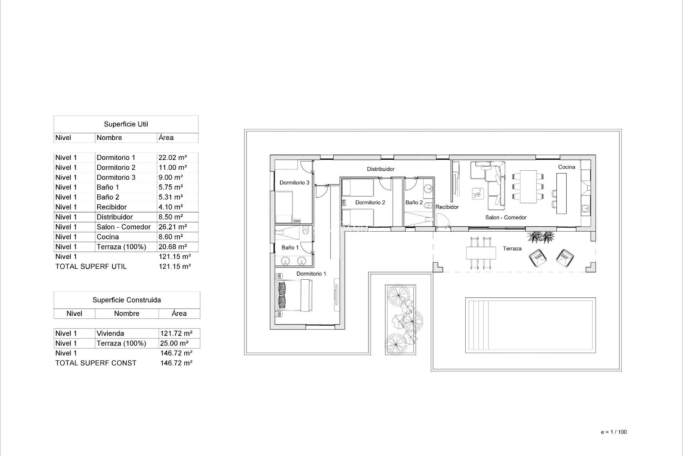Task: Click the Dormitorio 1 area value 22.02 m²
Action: [173, 157]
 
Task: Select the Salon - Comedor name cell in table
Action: [123, 227]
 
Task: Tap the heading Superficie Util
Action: [126, 124]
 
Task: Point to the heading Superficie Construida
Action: [127, 300]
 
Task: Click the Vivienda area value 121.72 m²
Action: [176, 333]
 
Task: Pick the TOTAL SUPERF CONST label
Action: [96, 363]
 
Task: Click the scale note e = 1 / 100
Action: [614, 432]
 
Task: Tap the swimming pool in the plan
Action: [530, 325]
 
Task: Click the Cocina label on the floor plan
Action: [566, 167]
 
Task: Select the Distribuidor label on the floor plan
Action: [381, 169]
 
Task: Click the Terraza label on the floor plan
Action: [512, 249]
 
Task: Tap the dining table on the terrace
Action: [481, 253]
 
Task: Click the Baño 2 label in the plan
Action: [414, 202]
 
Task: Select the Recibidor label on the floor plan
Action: [447, 207]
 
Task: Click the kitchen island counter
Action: [561, 193]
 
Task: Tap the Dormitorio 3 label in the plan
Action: [294, 183]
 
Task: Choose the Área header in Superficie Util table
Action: [166, 138]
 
